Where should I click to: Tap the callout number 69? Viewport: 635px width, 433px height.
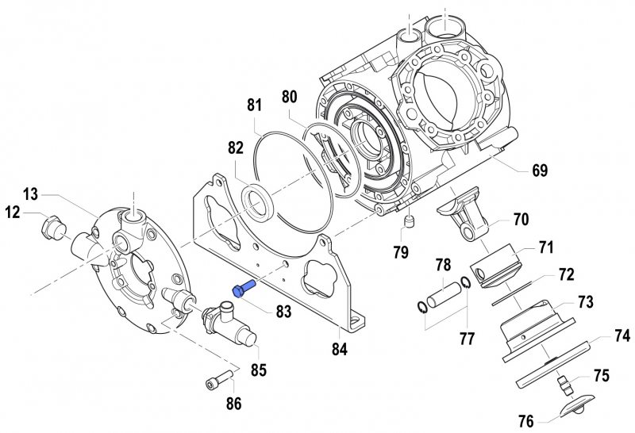click(540, 170)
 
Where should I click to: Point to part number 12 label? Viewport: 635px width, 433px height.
click(13, 212)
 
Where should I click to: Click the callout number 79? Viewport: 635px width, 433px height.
click(401, 253)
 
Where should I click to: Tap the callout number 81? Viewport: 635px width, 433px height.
click(254, 105)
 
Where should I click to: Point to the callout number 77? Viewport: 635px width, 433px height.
click(467, 339)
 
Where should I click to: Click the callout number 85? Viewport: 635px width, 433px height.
click(259, 369)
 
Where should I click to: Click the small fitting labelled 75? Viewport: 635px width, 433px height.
click(564, 386)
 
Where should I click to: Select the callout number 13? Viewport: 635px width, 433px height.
click(30, 194)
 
